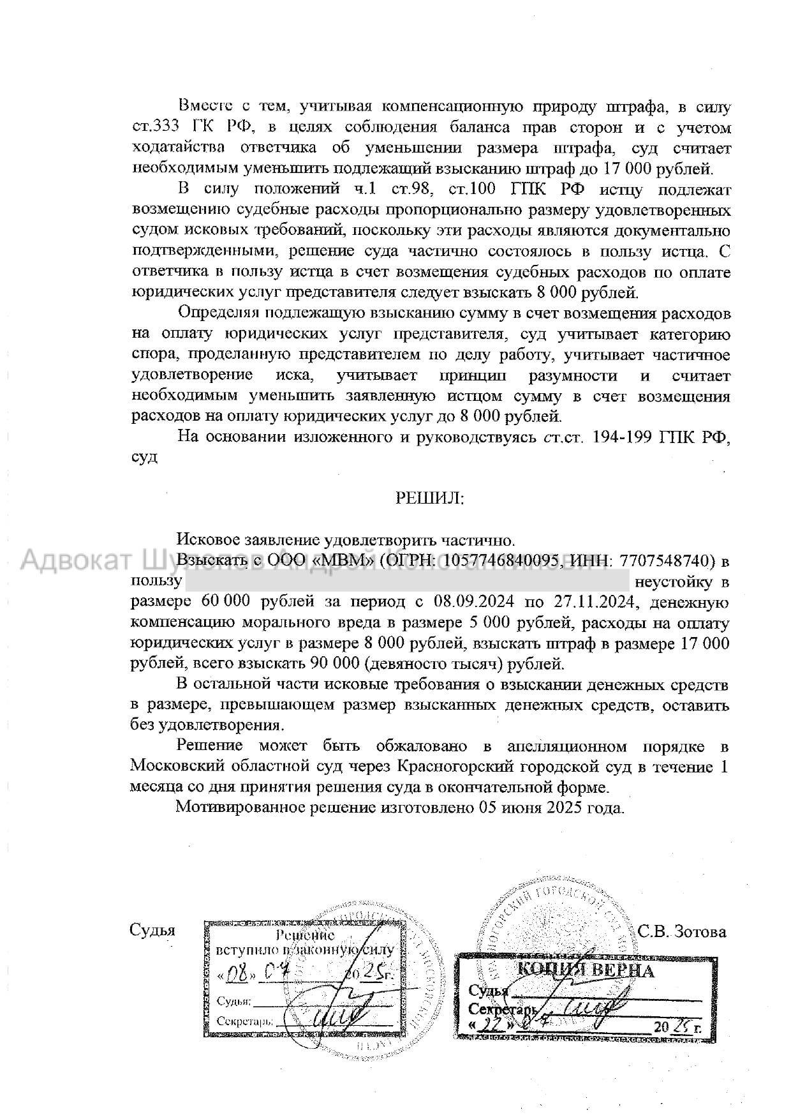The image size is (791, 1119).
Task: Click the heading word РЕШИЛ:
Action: tap(430, 498)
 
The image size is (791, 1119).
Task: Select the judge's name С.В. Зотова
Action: tap(682, 932)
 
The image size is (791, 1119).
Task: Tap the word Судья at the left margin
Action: tap(152, 930)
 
